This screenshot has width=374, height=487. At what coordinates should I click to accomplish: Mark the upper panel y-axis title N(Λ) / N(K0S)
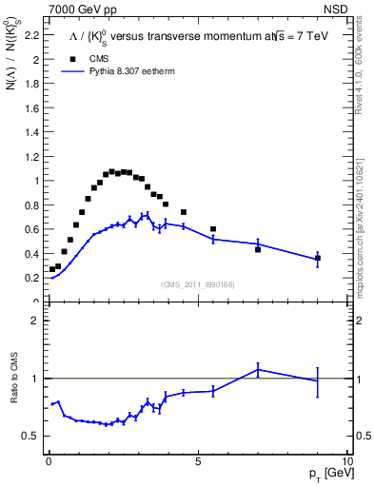click(x=13, y=64)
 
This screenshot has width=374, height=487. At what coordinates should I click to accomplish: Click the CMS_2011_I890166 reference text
click(x=198, y=283)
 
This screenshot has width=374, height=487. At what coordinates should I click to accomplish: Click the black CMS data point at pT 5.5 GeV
click(x=213, y=228)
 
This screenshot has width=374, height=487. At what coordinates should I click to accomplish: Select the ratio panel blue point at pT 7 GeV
click(x=258, y=370)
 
